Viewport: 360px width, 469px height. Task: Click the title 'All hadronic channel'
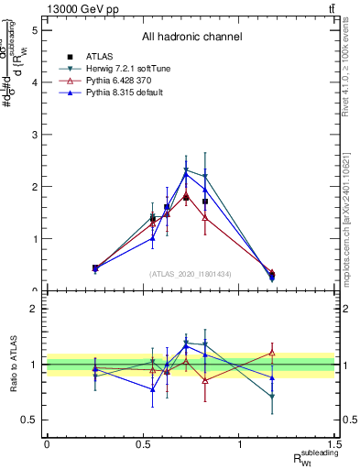point(191,38)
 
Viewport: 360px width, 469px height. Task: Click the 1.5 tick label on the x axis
point(336,444)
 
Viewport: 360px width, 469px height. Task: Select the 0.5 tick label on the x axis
point(143,444)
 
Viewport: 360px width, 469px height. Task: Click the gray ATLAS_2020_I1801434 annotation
point(190,274)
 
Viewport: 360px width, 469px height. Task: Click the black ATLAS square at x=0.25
point(95,267)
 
